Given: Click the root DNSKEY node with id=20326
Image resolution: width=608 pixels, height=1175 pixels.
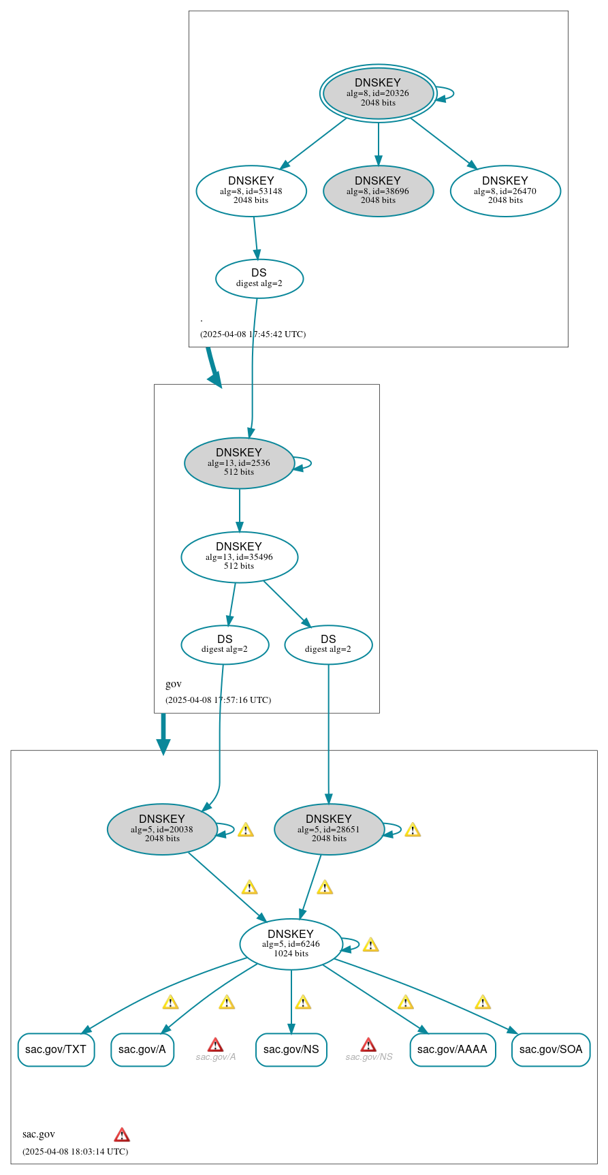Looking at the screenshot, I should click(378, 93).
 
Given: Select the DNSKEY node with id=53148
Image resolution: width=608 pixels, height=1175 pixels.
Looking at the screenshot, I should click(251, 191).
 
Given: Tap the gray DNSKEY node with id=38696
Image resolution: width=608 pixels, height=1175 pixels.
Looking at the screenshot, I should click(378, 191).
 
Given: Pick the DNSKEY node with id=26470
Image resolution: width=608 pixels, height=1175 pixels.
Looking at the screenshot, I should click(505, 191).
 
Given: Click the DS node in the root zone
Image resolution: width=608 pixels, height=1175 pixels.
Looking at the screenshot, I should click(259, 279).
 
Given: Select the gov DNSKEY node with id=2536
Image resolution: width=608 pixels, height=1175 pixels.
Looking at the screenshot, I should click(239, 463).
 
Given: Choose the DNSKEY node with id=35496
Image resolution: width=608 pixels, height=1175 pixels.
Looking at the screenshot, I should click(239, 557).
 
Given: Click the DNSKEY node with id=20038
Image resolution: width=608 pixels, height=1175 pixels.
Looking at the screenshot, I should click(162, 830).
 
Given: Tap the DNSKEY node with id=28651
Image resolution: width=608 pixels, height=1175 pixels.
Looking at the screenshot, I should click(329, 830).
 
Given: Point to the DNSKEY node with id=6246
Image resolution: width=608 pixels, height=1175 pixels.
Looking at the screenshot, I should click(291, 944).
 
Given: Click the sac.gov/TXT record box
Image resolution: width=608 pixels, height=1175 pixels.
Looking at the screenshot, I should click(56, 1050).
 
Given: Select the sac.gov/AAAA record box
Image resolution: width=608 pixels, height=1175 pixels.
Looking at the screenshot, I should click(452, 1050).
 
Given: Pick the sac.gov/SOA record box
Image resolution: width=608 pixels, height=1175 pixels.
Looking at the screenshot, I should click(551, 1050).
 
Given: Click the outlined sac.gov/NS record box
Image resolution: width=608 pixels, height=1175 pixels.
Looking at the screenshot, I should click(291, 1050).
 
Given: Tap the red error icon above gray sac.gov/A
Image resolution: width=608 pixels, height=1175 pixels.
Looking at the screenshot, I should click(215, 1045).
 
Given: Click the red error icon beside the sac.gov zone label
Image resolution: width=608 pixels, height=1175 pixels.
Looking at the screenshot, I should click(122, 1135).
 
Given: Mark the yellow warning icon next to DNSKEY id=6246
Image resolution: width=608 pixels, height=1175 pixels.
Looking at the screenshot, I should click(370, 945).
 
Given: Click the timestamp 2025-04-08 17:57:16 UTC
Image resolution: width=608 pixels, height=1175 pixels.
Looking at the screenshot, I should click(218, 700).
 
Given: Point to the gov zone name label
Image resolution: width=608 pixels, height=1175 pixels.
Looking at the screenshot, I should click(174, 684).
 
